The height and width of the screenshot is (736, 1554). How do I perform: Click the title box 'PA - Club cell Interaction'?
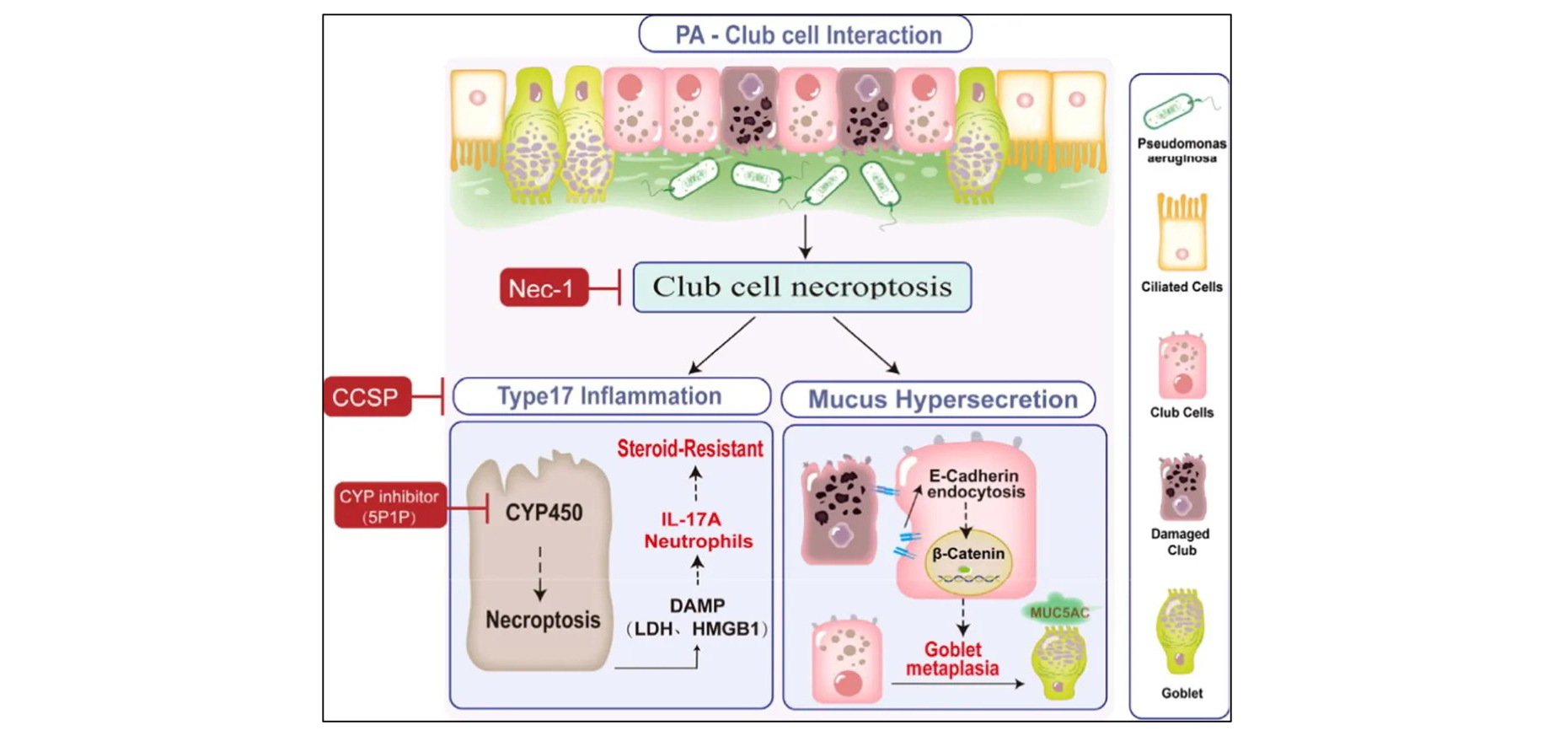(x=805, y=35)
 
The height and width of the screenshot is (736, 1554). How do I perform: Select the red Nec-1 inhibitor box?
(x=543, y=288)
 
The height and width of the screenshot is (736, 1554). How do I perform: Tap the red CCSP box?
(x=367, y=397)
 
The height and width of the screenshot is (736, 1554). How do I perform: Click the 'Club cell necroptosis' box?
(x=801, y=287)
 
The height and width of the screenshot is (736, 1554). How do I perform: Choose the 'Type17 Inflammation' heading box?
(x=610, y=396)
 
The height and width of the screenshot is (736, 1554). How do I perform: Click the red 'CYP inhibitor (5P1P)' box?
(x=389, y=506)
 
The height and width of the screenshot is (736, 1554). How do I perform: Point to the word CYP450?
(x=544, y=512)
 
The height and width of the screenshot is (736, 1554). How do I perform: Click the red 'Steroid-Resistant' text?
(x=690, y=448)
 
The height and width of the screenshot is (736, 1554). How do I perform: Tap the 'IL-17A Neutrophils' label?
(x=698, y=530)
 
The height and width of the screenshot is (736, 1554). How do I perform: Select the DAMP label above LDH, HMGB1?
(x=697, y=605)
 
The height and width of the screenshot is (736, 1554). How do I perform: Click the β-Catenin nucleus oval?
(x=967, y=560)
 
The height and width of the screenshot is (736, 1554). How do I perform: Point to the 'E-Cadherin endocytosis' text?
(x=975, y=483)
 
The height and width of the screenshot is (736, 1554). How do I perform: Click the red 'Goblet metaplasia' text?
(x=952, y=658)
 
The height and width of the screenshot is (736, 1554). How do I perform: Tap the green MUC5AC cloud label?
(x=1058, y=613)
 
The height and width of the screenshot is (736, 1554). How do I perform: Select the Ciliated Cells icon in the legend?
(x=1182, y=232)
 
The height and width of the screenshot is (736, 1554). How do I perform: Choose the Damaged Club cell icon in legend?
(x=1182, y=488)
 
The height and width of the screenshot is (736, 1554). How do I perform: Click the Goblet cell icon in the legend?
(x=1182, y=632)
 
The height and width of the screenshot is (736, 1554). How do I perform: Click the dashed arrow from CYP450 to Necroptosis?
(x=540, y=573)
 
